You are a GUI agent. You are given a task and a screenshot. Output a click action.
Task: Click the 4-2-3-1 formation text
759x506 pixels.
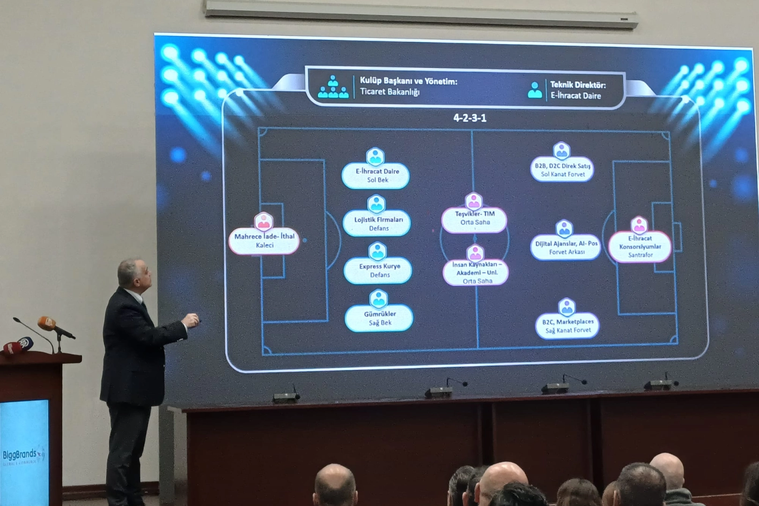470,118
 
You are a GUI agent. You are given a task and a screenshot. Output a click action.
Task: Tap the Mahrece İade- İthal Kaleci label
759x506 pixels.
264,241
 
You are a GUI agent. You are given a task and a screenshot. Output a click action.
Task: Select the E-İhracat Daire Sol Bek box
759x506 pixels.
376,175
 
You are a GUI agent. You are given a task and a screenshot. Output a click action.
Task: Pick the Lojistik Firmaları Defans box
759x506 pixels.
378,223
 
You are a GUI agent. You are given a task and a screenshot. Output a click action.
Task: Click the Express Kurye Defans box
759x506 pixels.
379,270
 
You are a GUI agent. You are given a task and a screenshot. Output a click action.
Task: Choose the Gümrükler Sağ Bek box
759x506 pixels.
379,318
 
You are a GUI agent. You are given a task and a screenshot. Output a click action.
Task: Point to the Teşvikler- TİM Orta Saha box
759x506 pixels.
474,218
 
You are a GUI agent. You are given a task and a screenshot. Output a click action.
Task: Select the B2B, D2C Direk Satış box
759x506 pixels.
562,170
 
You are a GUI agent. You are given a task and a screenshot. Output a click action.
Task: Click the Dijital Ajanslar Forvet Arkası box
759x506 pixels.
566,247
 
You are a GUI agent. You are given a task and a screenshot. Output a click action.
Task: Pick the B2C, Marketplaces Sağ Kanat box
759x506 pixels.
567,326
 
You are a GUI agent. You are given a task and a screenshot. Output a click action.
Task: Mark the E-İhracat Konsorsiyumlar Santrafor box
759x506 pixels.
640,246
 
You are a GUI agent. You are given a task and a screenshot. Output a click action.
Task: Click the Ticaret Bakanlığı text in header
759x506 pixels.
390,92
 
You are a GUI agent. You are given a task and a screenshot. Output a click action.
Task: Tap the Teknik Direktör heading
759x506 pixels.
577,85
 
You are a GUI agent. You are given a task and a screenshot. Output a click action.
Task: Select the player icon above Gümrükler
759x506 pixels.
378,298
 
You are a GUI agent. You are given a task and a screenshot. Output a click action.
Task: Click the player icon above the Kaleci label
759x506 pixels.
264,222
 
